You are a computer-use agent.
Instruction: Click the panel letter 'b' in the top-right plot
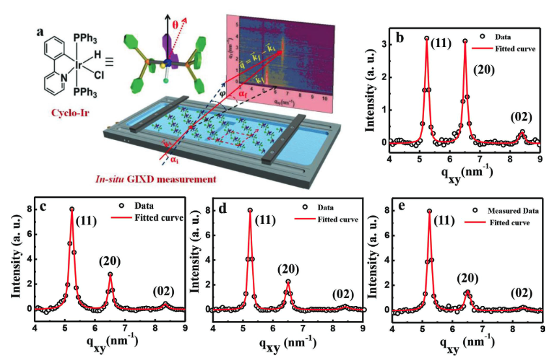401,38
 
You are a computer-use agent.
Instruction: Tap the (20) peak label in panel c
110,262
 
